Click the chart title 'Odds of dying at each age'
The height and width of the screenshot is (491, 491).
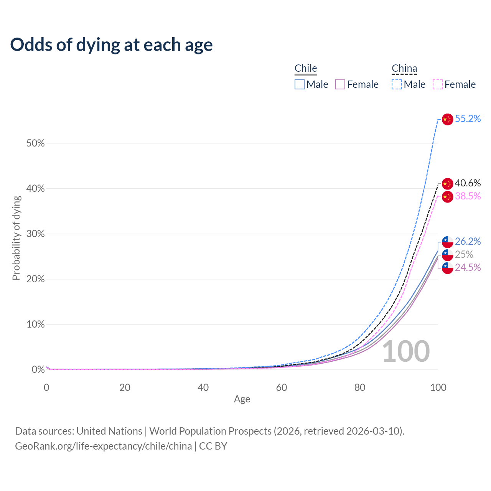[111, 45]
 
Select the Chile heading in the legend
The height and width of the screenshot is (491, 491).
[306, 68]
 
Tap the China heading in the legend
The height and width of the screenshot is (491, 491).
[404, 68]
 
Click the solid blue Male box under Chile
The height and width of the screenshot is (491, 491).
[300, 84]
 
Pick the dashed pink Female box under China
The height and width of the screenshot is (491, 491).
[438, 84]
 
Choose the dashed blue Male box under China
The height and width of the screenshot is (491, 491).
[397, 84]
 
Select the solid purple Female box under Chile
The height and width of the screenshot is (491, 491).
[340, 84]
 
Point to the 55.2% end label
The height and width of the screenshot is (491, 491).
[468, 119]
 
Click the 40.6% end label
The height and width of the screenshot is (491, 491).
[468, 183]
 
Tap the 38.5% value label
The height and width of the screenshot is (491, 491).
[468, 196]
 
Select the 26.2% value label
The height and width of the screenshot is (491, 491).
[468, 242]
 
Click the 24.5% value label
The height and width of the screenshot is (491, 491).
[468, 268]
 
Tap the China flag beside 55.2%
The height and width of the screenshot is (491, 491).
[447, 119]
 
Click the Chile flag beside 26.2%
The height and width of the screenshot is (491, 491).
[447, 242]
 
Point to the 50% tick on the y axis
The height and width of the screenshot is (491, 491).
[36, 143]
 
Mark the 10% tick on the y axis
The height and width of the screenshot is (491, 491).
[36, 325]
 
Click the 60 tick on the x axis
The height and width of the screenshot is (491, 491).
[282, 387]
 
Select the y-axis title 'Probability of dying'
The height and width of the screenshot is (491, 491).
[16, 238]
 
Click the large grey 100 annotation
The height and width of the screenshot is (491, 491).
[406, 351]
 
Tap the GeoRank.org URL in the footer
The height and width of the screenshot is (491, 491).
[104, 446]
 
